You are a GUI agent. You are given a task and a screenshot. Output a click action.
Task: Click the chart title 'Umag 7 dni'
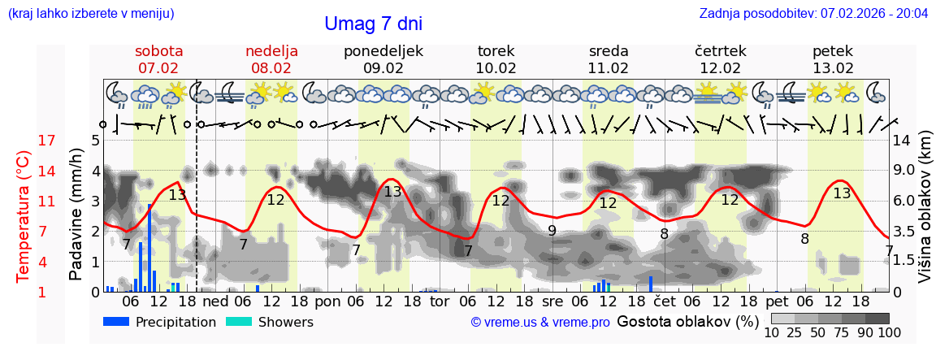pyautogui.click(x=373, y=24)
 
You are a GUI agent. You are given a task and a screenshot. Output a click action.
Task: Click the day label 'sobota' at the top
pyautogui.click(x=158, y=51)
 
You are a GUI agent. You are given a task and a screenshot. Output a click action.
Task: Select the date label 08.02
pyautogui.click(x=271, y=68)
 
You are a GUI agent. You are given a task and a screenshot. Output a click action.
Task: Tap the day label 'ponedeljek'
pyautogui.click(x=383, y=51)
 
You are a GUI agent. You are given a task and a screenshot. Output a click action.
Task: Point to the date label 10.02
pyautogui.click(x=496, y=68)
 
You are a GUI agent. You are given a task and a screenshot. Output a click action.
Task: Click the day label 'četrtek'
pyautogui.click(x=721, y=51)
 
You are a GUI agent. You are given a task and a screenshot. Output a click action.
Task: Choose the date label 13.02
pyautogui.click(x=833, y=68)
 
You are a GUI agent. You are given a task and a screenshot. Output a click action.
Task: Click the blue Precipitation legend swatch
pyautogui.click(x=116, y=322)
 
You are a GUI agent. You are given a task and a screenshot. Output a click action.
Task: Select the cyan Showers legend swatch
pyautogui.click(x=238, y=322)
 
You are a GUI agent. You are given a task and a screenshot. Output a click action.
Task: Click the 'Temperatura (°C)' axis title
pyautogui.click(x=24, y=216)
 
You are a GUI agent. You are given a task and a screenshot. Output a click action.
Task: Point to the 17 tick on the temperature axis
pyautogui.click(x=47, y=141)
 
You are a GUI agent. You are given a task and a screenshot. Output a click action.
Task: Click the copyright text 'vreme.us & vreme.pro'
pyautogui.click(x=540, y=323)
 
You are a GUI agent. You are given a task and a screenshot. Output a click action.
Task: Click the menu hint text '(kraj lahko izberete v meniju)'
pyautogui.click(x=91, y=14)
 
